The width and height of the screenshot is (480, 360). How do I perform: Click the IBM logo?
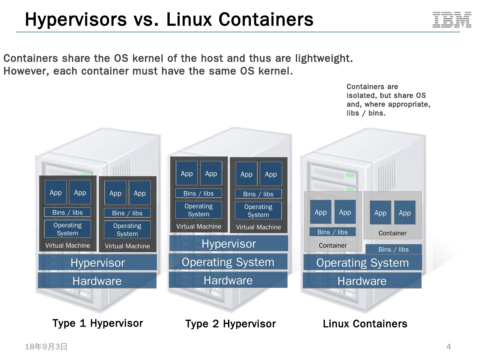tap(452, 20)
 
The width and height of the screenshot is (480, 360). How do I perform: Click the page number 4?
tap(448, 347)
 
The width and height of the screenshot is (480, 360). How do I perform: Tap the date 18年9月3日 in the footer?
tap(46, 347)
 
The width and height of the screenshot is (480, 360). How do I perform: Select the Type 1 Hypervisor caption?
tap(98, 323)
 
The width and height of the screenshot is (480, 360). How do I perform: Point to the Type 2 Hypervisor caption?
tap(230, 324)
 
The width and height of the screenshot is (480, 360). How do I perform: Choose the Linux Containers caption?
tap(365, 324)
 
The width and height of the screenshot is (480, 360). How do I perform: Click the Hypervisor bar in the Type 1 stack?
tap(98, 262)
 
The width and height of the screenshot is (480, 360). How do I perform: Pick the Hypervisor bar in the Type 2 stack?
tap(229, 243)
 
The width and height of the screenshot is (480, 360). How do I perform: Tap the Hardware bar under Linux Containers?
tap(362, 281)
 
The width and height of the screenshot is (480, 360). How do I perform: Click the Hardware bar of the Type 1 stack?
tap(97, 281)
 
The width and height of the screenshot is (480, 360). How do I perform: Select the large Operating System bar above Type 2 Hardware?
tap(228, 262)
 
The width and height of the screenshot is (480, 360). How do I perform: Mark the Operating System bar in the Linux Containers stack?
tap(363, 263)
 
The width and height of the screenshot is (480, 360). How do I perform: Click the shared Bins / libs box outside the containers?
tap(394, 249)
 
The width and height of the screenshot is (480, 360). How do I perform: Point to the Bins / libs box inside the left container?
tap(332, 232)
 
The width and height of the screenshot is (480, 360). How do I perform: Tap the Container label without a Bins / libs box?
tap(393, 233)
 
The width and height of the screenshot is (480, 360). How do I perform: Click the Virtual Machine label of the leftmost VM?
tap(68, 245)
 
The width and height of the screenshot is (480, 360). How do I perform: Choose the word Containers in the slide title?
tap(266, 20)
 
